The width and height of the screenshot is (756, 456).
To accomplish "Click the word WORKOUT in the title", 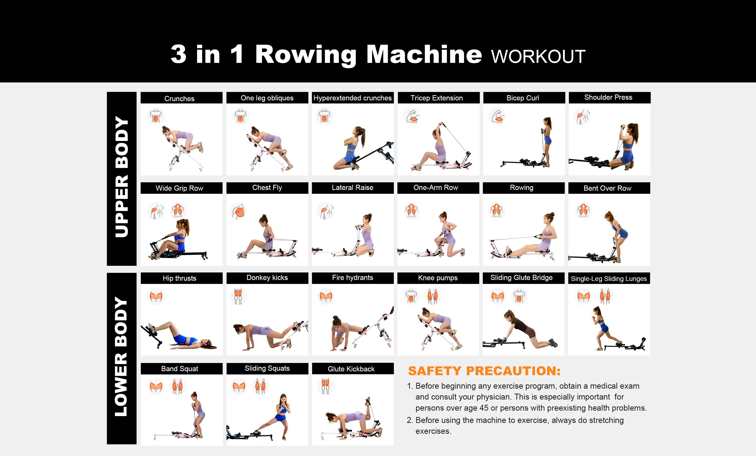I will click(538, 57).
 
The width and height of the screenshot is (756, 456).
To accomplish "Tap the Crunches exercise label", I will click(180, 99).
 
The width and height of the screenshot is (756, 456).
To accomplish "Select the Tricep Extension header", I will click(436, 98).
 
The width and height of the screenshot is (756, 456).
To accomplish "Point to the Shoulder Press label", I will click(608, 97).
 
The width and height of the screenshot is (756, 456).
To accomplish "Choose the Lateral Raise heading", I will click(352, 188).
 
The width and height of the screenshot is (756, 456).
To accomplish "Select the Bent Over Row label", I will click(607, 188).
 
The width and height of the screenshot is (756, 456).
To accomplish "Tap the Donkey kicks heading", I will click(267, 278).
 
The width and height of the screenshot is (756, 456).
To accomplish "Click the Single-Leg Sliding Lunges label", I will click(609, 279).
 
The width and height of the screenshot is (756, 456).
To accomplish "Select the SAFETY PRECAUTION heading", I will click(484, 371).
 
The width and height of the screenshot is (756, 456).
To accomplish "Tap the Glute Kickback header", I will click(351, 369).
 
